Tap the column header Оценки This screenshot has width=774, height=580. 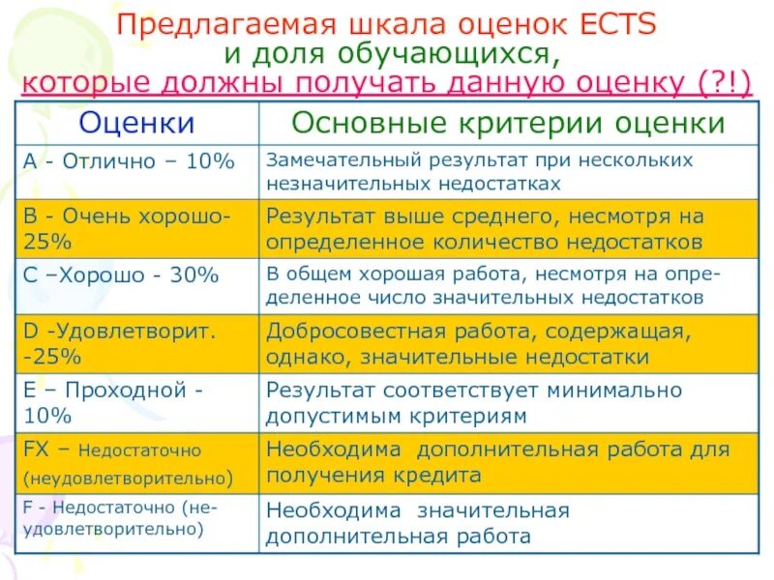(136, 123)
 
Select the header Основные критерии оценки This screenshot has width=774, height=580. (508, 123)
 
